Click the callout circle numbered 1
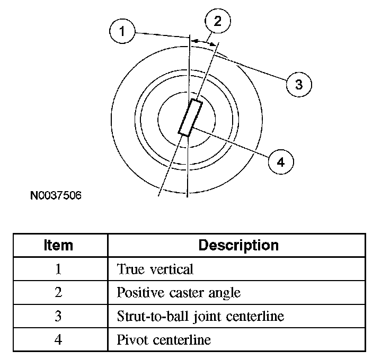click(x=122, y=32)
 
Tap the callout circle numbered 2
click(x=218, y=22)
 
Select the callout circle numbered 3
click(x=299, y=84)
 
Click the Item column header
click(x=58, y=246)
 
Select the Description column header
click(x=238, y=246)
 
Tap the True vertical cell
click(x=155, y=269)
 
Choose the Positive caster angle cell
click(x=178, y=293)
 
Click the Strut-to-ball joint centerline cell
click(x=200, y=317)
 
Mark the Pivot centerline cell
click(x=163, y=340)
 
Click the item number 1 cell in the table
click(x=58, y=269)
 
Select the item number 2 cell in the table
click(x=58, y=293)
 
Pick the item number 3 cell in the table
click(x=58, y=317)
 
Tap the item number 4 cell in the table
click(x=58, y=340)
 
